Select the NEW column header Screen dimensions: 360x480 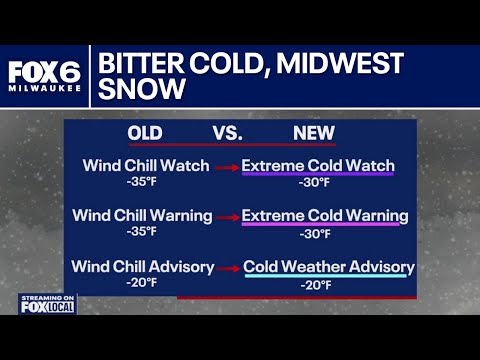point(313,133)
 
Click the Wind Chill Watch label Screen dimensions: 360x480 point(147,165)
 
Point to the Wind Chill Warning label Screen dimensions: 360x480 point(147,215)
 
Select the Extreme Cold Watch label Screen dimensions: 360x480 point(318,165)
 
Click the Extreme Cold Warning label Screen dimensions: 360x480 point(325,215)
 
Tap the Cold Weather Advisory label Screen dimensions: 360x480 point(329,267)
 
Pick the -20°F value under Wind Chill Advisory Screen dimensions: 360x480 point(141,284)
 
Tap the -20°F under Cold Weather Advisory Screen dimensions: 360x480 point(318,285)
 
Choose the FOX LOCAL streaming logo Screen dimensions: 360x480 point(46,303)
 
